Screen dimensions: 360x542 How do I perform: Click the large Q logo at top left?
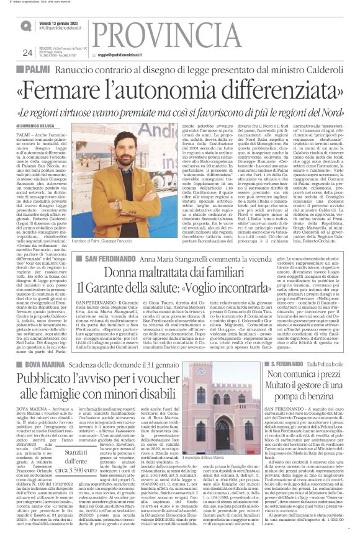click(x=26, y=25)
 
